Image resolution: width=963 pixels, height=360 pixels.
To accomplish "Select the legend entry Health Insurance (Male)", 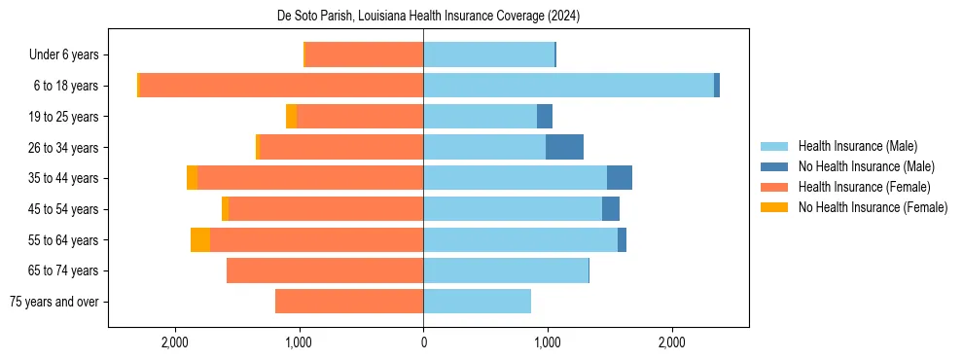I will (857, 146).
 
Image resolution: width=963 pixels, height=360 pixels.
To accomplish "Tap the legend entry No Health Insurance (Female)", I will (873, 207).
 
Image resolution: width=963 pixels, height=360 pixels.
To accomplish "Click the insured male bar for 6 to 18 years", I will (568, 86).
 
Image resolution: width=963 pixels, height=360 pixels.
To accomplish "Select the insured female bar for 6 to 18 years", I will (281, 86).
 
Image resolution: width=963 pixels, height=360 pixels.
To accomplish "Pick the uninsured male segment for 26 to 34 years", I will (564, 147).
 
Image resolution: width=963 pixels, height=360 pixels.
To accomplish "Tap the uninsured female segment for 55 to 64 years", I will (200, 239).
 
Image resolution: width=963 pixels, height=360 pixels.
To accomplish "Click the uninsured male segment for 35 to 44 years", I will (620, 178).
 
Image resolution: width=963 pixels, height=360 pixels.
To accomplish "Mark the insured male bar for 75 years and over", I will (477, 302).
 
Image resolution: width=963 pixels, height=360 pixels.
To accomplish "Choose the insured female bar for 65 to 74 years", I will (325, 270).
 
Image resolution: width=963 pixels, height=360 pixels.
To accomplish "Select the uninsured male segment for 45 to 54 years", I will (611, 209).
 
